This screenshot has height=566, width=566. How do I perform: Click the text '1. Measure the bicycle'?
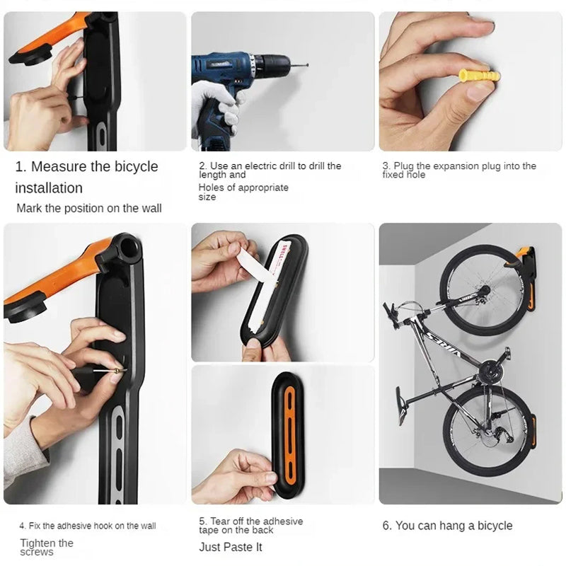pyautogui.click(x=86, y=167)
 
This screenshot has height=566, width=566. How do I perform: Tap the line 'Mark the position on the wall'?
pyautogui.click(x=89, y=208)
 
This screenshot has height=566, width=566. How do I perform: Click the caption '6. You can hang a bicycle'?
pyautogui.click(x=446, y=526)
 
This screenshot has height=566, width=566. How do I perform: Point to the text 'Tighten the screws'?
pyautogui.click(x=47, y=547)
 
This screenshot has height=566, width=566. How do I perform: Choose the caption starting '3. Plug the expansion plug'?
pyautogui.click(x=459, y=170)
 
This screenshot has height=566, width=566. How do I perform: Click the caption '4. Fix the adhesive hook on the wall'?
pyautogui.click(x=87, y=526)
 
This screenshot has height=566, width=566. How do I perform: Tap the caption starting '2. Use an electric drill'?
pyautogui.click(x=270, y=170)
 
